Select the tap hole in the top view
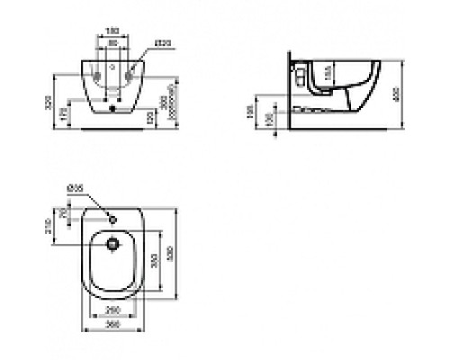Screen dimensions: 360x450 pos(112,218)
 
